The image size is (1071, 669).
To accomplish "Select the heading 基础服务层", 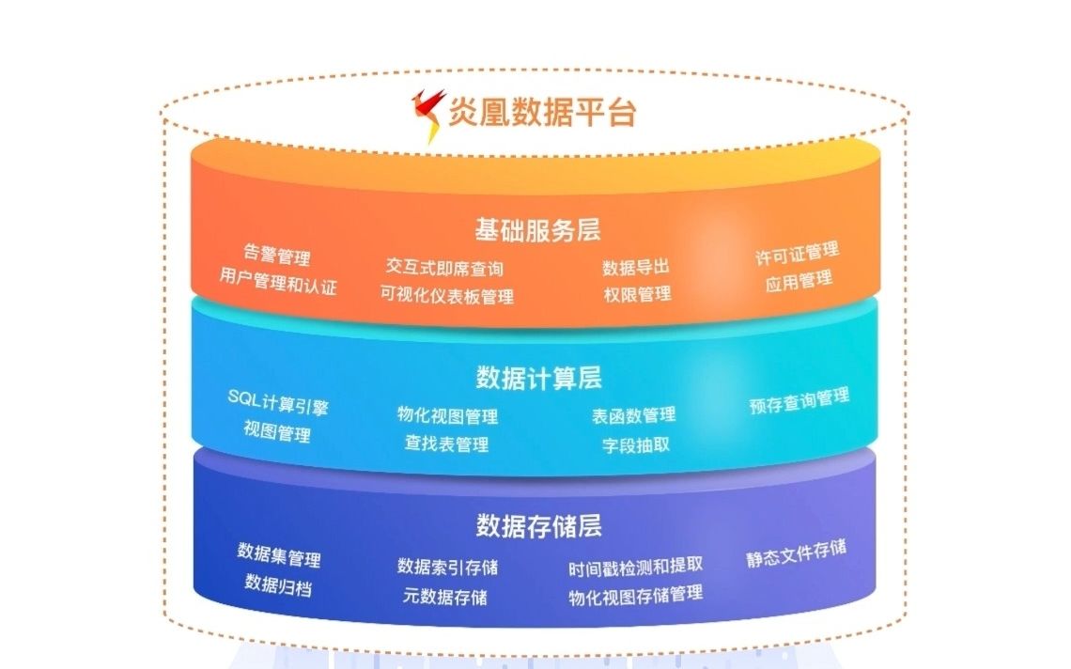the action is point(537,229).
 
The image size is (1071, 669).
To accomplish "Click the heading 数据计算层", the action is point(538,378).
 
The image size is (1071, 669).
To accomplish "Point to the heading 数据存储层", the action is point(538,525).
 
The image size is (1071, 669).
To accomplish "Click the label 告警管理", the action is point(277,256).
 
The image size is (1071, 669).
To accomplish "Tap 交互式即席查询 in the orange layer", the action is point(444,269).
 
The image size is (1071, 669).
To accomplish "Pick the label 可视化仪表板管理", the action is point(447,295).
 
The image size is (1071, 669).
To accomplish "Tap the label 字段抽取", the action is point(636,444).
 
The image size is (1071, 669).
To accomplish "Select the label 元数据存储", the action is point(445,596).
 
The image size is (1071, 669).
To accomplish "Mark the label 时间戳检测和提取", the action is point(635,566).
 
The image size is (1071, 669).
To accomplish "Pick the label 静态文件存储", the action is point(796,552).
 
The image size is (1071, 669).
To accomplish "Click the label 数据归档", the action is point(278,584).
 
